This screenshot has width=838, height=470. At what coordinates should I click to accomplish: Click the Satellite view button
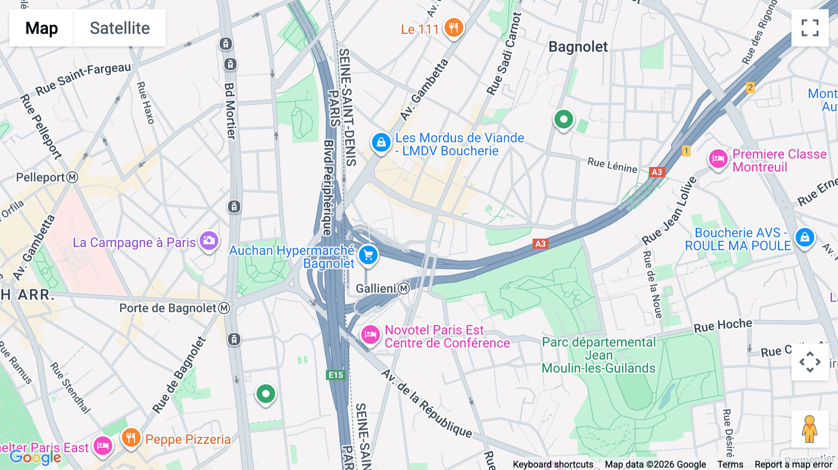click(x=120, y=28)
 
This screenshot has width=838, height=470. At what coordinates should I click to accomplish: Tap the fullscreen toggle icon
click(x=810, y=28)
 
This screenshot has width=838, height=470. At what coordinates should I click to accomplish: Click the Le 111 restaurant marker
click(x=453, y=28)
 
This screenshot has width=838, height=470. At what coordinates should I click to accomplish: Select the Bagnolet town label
click(x=578, y=47)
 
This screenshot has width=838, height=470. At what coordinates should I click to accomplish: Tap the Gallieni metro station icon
click(x=404, y=289)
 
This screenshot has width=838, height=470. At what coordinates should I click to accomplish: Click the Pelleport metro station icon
click(x=72, y=177)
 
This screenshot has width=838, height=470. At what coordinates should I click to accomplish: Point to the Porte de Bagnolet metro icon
click(x=224, y=308)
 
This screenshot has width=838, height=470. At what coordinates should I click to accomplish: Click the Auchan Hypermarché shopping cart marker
click(x=368, y=255)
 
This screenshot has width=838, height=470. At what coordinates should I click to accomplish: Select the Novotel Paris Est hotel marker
click(x=371, y=334)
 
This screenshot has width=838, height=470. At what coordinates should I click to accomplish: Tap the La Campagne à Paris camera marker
click(x=209, y=241)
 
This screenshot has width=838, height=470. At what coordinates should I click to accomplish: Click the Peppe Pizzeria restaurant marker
click(x=131, y=437)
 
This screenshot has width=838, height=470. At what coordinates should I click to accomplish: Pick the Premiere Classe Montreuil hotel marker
click(x=718, y=159)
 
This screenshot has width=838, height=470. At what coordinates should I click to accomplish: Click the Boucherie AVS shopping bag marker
click(x=804, y=237)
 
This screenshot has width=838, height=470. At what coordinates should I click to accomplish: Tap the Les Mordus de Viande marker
click(x=381, y=142)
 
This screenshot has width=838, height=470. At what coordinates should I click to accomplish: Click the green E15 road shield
click(x=336, y=375)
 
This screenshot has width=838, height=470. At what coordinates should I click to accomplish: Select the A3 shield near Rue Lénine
click(x=656, y=172)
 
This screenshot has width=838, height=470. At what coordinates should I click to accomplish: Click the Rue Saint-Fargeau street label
click(x=84, y=78)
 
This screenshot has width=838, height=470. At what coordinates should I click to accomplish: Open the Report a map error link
click(x=793, y=464)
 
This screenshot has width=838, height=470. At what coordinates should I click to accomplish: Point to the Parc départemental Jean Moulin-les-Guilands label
click(x=599, y=355)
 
